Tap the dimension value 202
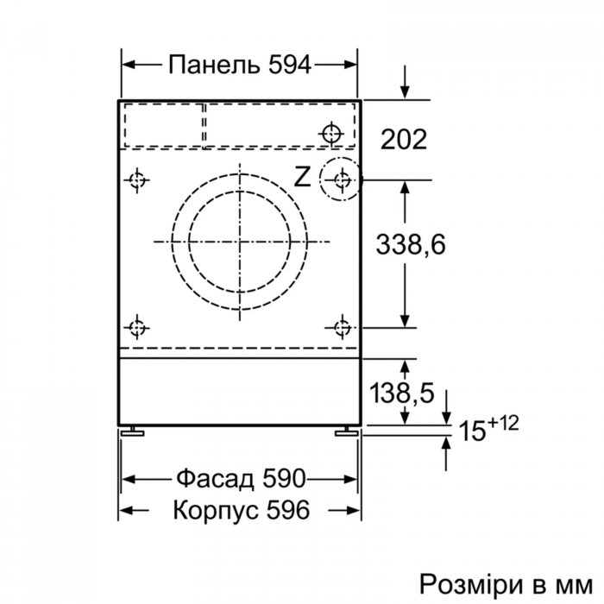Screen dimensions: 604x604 click(x=404, y=139)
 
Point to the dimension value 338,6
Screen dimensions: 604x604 click(x=410, y=245)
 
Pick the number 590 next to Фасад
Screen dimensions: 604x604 click(x=280, y=478)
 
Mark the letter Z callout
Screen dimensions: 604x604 click(x=301, y=178)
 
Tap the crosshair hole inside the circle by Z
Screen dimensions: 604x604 click(x=343, y=179)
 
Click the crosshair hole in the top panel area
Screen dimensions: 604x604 click(x=331, y=134)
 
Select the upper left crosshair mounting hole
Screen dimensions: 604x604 click(x=136, y=180)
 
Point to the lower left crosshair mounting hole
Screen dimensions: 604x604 click(x=136, y=327)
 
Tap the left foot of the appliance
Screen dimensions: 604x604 click(x=132, y=431)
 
